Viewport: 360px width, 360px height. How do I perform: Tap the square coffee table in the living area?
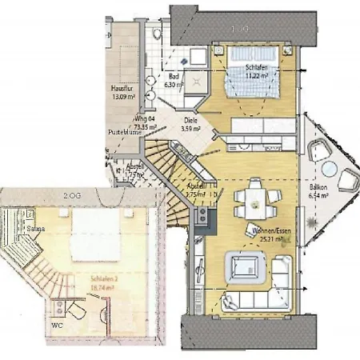pyautogui.click(x=245, y=264)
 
